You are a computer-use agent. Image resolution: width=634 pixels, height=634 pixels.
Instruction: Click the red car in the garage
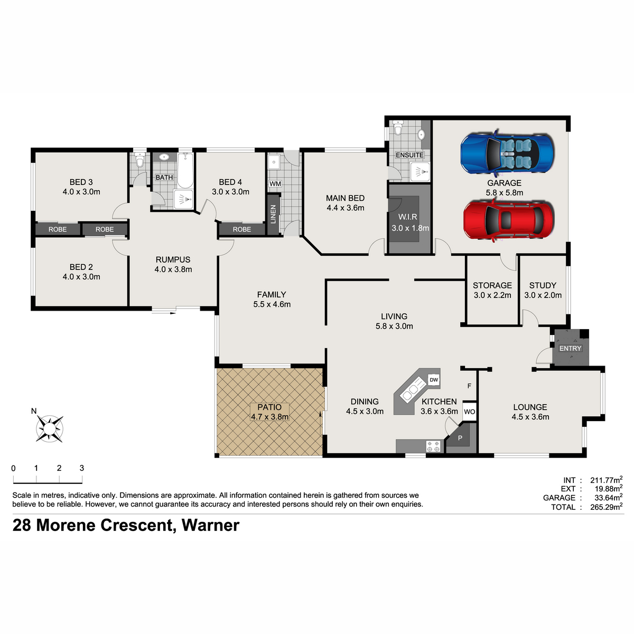tap(509, 219)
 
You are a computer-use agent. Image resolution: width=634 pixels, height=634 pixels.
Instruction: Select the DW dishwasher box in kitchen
tap(433, 380)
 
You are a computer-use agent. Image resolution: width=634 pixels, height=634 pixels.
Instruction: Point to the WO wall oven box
tap(469, 412)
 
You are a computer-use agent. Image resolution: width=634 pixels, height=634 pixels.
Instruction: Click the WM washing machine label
tap(275, 183)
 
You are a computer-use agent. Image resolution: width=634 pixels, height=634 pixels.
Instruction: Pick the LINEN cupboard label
tap(273, 214)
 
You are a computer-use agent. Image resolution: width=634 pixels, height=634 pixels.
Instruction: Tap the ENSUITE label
tap(409, 155)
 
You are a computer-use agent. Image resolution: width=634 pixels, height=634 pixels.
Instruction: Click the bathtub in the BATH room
tap(185, 171)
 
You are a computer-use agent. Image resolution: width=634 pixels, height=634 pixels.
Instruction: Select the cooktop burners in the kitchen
tap(433, 446)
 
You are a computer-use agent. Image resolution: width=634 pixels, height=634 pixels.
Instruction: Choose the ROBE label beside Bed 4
tap(241, 229)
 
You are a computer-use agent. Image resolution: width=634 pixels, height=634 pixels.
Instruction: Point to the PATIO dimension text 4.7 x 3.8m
tap(269, 416)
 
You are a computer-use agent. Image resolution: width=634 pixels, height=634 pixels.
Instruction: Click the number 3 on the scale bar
tap(82, 468)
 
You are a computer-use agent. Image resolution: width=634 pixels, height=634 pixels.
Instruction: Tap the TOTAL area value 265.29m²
tap(606, 507)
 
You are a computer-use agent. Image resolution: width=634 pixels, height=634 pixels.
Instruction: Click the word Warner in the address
tap(210, 525)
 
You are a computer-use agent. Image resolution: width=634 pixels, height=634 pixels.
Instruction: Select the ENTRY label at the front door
tap(570, 348)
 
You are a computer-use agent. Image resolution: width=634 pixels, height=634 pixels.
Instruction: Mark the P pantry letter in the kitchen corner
tap(460, 438)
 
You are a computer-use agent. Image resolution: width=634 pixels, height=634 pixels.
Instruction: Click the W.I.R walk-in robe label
tap(407, 217)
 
